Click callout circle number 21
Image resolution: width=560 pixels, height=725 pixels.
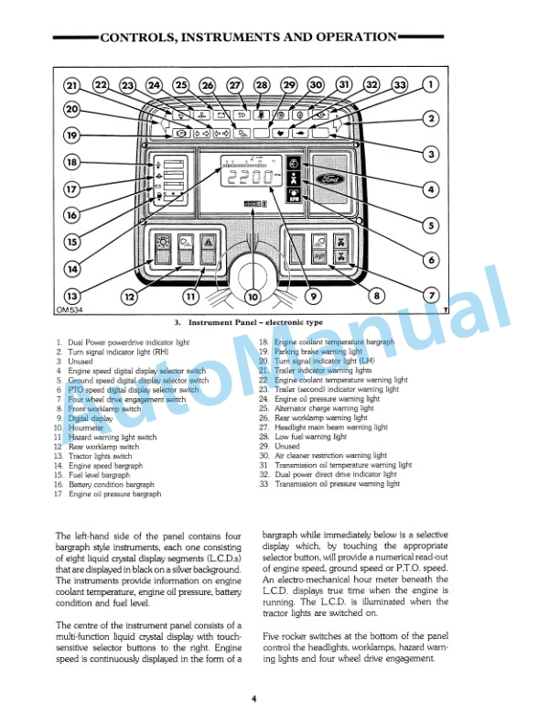[72, 86]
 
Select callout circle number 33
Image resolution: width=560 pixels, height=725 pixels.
[400, 85]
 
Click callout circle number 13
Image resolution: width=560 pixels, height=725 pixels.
[71, 297]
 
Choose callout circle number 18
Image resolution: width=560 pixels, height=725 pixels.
[71, 163]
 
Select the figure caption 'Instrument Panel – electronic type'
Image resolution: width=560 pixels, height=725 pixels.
[251, 323]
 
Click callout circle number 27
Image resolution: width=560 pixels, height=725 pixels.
[235, 85]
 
